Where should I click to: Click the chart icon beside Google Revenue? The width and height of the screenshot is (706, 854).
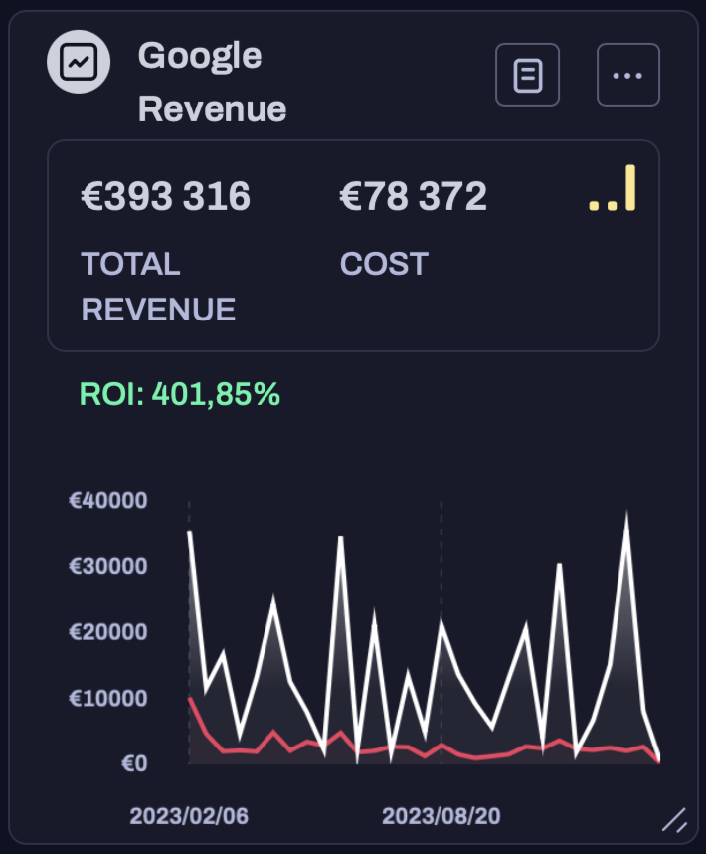[78, 63]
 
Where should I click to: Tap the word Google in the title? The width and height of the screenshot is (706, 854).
[200, 56]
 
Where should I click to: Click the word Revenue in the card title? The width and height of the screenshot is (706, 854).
[212, 108]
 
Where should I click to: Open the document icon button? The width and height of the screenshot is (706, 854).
[528, 75]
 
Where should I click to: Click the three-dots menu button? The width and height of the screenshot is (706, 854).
[628, 75]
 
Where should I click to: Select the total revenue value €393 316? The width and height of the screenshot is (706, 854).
[165, 197]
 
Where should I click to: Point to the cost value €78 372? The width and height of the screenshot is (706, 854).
[414, 197]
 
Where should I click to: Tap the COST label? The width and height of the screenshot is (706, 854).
[384, 264]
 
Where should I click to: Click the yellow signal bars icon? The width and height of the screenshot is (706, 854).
[613, 190]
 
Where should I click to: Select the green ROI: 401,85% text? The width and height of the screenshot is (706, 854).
[180, 395]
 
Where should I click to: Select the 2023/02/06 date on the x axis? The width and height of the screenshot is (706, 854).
[189, 816]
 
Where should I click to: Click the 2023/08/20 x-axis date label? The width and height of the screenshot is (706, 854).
[441, 816]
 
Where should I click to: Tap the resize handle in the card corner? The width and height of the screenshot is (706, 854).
[675, 820]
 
